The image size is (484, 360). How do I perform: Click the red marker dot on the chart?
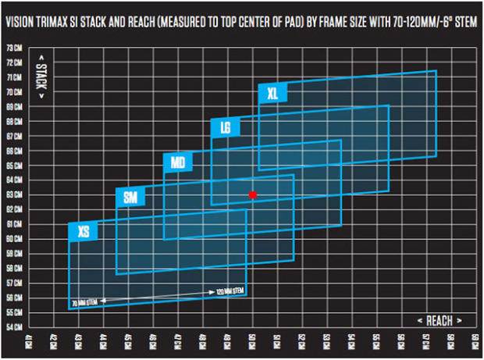[252, 194]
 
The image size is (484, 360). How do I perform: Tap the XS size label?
[83, 231]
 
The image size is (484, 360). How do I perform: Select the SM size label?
[130, 198]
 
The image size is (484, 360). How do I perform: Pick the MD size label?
[177, 163]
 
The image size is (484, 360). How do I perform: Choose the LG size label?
[225, 127]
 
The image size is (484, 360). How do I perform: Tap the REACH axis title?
[440, 320]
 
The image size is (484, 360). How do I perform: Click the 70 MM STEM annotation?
[83, 301]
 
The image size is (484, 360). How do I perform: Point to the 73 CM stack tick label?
[14, 48]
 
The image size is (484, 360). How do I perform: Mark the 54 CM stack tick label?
[14, 326]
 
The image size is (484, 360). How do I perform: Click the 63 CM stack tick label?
[14, 194]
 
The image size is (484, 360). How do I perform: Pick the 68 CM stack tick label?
[14, 121]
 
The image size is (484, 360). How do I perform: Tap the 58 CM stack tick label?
[14, 268]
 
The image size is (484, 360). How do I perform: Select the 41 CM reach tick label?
[30, 341]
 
